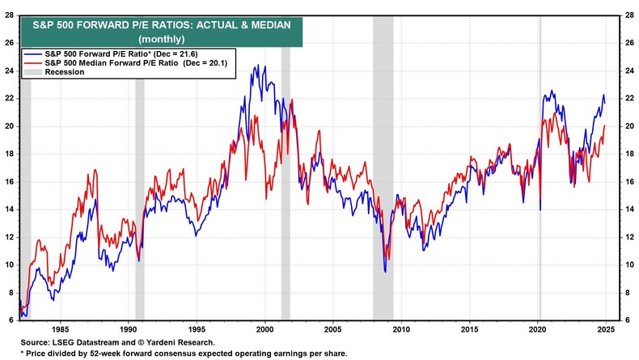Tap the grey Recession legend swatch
coord(32,72)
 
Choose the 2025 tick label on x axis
coord(607,328)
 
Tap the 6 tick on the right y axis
coord(626,320)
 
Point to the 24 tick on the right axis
coord(627,70)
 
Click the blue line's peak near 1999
coord(256,66)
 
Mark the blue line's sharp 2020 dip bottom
coord(540,210)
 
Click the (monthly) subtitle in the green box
coord(162,39)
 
